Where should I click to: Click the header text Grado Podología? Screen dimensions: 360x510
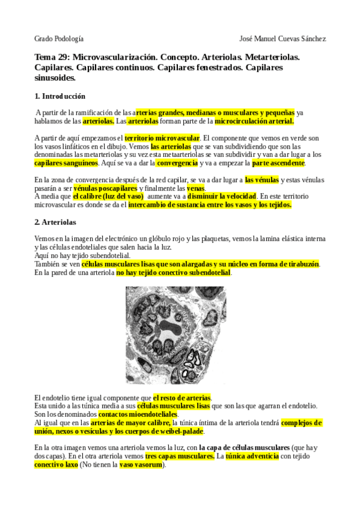pos(58,38)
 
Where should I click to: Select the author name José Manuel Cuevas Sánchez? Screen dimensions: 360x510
pos(282,38)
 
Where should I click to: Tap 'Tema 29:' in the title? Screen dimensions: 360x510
pos(53,57)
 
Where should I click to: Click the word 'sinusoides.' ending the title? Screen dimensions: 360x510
pos(55,78)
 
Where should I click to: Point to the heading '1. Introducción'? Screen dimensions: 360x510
pos(60,96)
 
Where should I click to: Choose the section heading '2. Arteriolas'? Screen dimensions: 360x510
pos(55,222)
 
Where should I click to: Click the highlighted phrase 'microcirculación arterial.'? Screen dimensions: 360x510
pos(254,121)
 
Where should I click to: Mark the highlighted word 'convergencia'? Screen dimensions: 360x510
pos(177,163)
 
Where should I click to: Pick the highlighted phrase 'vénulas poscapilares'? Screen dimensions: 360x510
pos(105,188)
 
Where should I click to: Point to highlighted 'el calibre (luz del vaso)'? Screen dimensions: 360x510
pos(108,197)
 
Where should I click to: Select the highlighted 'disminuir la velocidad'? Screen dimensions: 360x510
pos(222,197)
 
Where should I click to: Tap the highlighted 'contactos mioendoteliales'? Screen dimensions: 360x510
pos(138,415)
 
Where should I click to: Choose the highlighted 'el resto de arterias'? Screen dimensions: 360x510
pos(182,398)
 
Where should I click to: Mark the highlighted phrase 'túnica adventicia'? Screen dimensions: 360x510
pos(253,456)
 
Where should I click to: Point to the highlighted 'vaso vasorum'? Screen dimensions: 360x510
pos(141,465)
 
